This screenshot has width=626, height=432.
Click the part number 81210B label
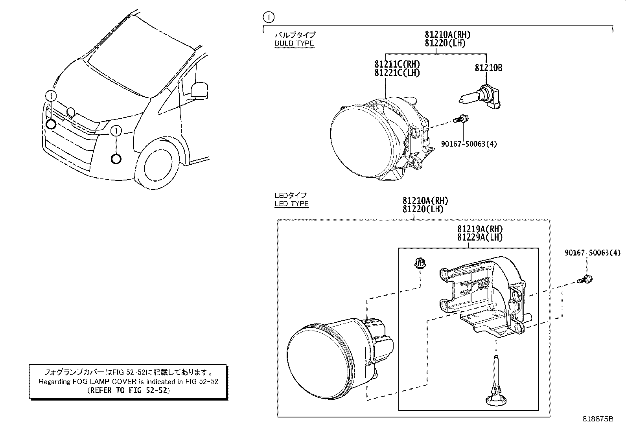tap(488, 68)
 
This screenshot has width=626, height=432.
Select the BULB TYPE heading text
tap(294, 43)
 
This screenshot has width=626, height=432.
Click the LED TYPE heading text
tap(291, 204)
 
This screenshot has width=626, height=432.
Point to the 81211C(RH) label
tap(397, 64)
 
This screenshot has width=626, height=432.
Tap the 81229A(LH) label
tap(480, 237)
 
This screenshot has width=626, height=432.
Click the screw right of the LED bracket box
tap(585, 280)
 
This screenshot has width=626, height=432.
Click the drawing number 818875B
tap(598, 419)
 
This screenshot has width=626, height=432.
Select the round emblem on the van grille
tap(71, 112)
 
